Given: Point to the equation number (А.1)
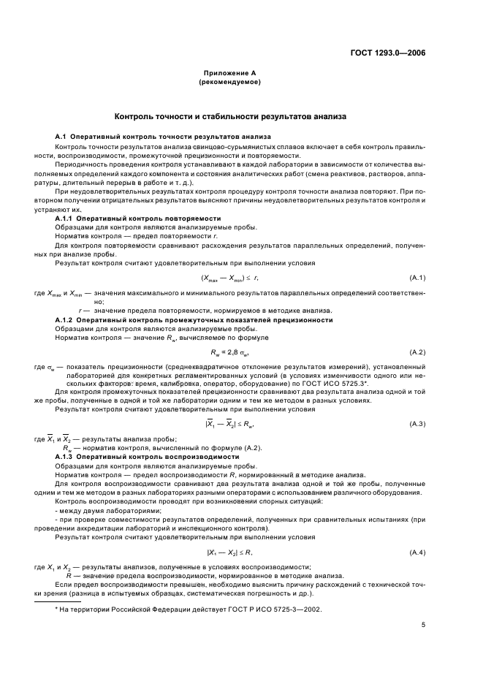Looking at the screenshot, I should tap(417, 278).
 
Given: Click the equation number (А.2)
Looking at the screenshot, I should tap(417, 353).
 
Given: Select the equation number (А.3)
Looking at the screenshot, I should tap(417, 425).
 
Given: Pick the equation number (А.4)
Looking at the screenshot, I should tap(417, 552).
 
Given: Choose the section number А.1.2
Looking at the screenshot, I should tap(66, 320).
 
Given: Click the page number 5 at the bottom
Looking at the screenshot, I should tap(423, 625).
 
